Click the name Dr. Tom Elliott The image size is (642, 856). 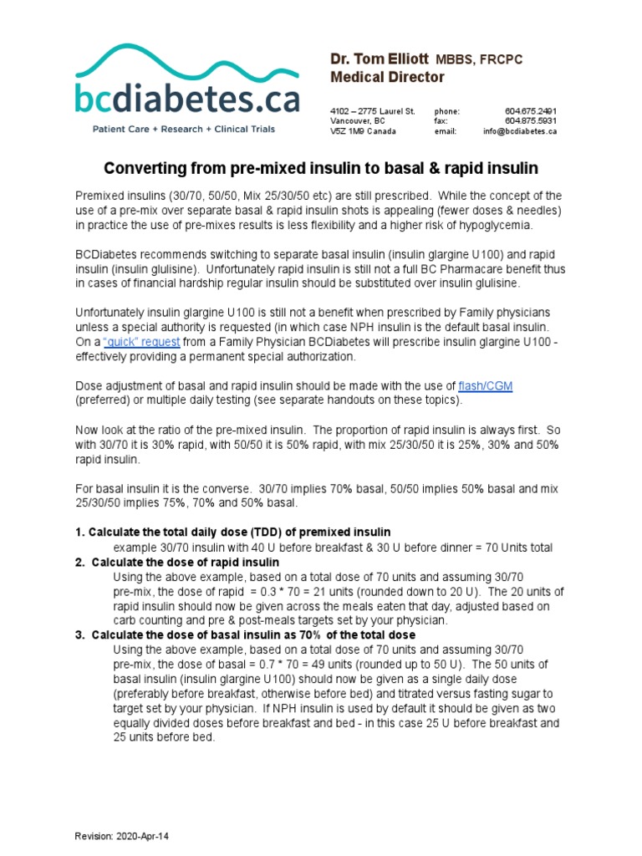(378, 59)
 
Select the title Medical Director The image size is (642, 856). (387, 78)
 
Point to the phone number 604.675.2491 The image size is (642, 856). (531, 111)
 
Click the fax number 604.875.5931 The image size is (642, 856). (531, 121)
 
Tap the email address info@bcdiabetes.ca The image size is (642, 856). (519, 131)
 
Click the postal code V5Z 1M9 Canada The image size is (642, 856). (364, 131)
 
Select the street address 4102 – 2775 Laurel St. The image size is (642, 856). (373, 111)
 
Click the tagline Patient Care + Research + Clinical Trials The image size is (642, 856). (183, 129)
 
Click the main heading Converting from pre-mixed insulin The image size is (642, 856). (320, 167)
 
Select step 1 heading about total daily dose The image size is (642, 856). (233, 532)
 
